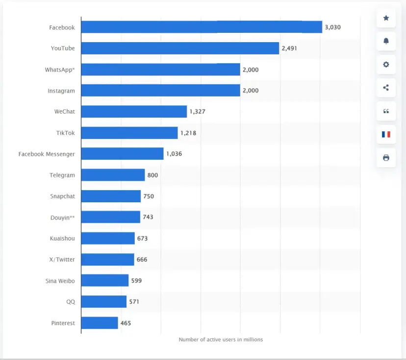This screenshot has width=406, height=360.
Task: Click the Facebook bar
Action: point(201,27)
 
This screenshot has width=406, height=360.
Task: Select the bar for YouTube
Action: point(179,48)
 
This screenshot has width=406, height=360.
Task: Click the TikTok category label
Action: point(65,133)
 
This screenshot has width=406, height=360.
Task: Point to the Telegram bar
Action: point(113,175)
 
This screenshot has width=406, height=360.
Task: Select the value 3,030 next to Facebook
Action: point(332,27)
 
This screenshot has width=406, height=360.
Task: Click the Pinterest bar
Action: point(100,323)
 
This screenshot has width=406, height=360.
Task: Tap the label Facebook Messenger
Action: point(47,154)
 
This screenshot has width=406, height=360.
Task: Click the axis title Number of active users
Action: point(221,339)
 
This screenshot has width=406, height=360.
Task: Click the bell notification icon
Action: point(386,41)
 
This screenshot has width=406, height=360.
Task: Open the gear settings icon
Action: point(386,65)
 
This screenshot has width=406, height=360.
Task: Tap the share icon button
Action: point(386,88)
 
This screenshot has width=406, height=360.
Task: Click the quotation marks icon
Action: point(386,111)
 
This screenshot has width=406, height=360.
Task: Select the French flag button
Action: point(386,134)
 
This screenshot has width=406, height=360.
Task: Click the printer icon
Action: point(386,158)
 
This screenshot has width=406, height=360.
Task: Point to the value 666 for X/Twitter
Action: point(142,260)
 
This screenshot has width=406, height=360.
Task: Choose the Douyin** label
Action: point(62,217)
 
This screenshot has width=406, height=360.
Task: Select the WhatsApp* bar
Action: point(160,70)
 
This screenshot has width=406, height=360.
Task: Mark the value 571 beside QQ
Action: point(134,302)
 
